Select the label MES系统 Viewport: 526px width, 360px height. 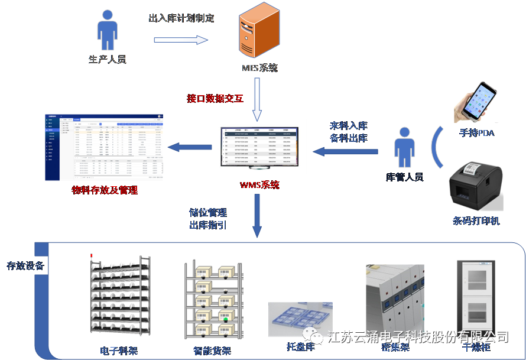[x=259, y=68]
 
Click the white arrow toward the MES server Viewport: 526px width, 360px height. [x=181, y=40]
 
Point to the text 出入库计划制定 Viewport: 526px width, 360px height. [x=181, y=18]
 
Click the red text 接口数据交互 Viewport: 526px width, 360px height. [x=215, y=98]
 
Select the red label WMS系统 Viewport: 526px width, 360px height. [x=259, y=185]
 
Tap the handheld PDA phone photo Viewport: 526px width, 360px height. [x=476, y=102]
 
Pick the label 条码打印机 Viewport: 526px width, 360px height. [x=476, y=220]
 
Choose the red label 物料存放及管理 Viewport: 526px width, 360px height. [x=105, y=190]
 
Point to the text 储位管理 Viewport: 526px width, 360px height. [x=208, y=212]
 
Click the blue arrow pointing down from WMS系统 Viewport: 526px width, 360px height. [x=256, y=216]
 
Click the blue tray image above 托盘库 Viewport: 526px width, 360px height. [x=300, y=320]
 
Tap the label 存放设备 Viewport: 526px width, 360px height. [x=25, y=265]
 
